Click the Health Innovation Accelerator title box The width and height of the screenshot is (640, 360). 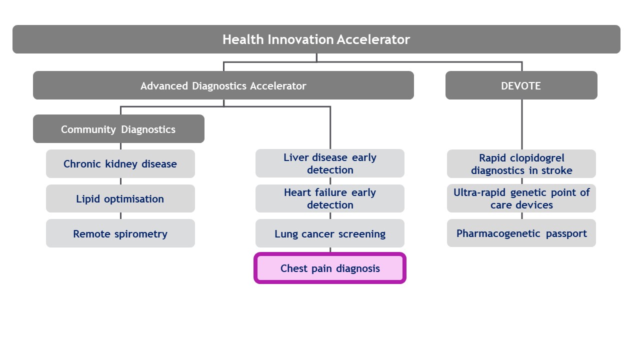316,39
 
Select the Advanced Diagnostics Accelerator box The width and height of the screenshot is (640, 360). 223,85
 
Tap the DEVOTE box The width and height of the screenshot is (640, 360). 521,85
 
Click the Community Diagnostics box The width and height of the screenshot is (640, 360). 118,129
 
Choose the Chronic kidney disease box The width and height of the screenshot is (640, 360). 120,164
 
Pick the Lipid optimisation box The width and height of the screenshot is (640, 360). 120,199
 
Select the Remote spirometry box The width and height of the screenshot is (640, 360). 120,233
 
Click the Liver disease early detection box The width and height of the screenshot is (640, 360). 329,163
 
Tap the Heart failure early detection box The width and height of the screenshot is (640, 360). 329,198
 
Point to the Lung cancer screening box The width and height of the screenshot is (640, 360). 329,233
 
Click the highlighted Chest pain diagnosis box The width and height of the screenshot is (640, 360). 329,268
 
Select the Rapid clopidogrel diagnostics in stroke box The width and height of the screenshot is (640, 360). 521,164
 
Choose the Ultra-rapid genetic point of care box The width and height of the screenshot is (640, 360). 521,198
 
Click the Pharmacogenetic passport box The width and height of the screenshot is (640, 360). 521,233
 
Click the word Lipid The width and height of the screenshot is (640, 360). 87,199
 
